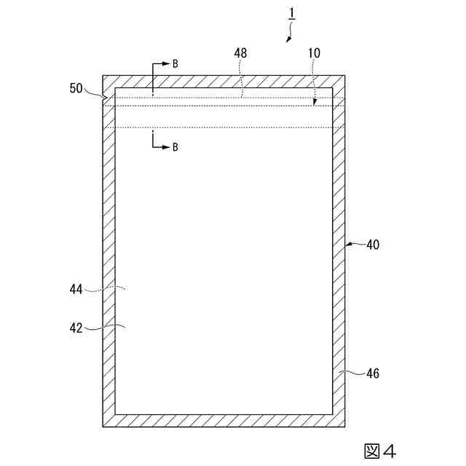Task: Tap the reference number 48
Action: pos(241,53)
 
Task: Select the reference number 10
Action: pos(315,53)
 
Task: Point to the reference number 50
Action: pos(76,88)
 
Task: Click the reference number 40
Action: pos(372,245)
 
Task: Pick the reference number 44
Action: pos(76,289)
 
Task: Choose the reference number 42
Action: pos(76,328)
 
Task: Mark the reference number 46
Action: pos(372,374)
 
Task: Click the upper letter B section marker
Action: pos(175,63)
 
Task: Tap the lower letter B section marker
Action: pos(175,146)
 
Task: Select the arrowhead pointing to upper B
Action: pos(166,63)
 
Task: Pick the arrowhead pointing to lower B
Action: pos(166,146)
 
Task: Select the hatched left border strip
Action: pos(108,255)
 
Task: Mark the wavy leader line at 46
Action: pos(354,373)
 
